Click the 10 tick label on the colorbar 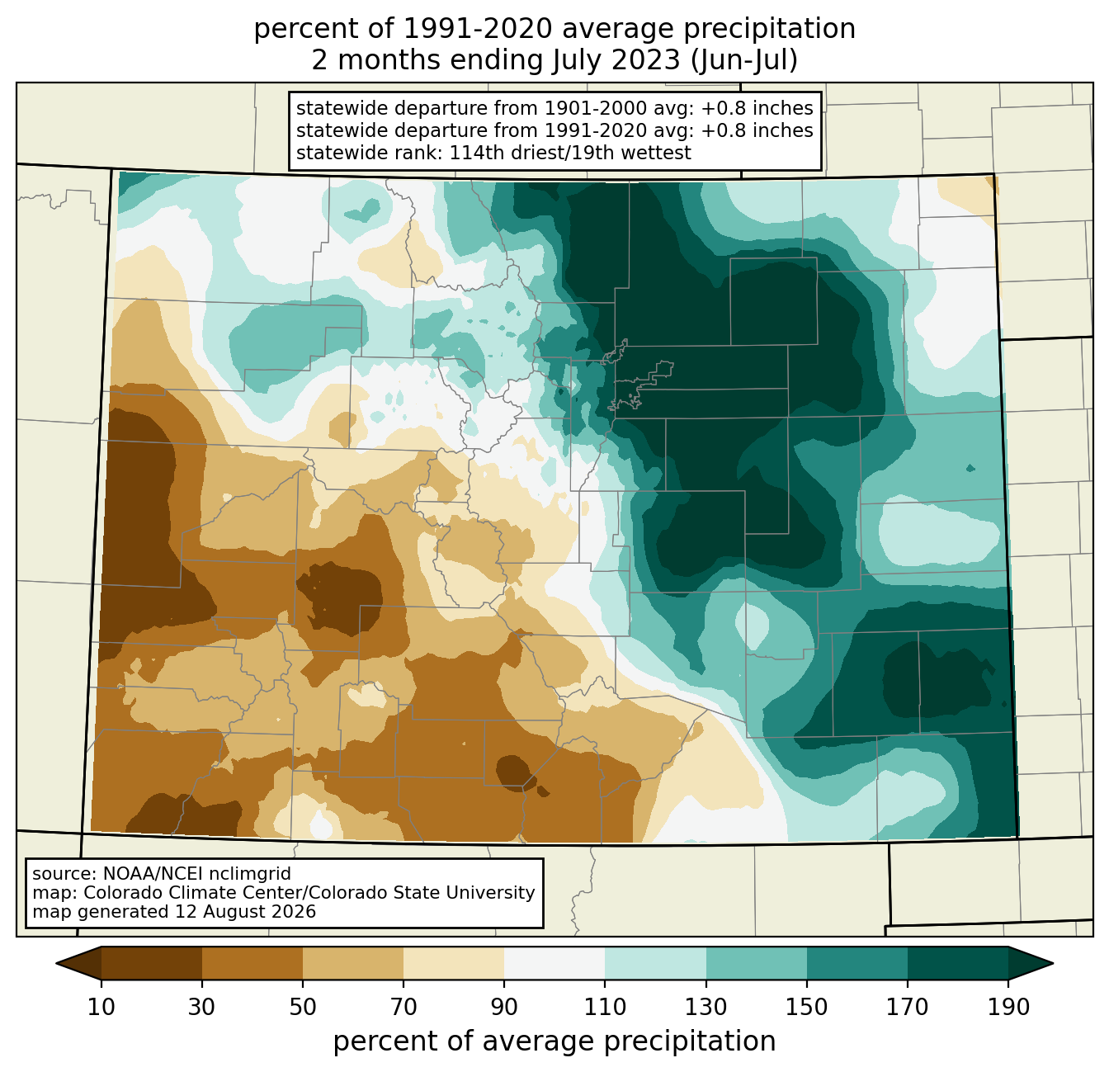[101, 1007]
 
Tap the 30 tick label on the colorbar [201, 1007]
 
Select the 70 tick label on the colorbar [403, 1007]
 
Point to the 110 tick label [605, 1007]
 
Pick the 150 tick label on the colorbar [806, 1007]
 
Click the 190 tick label [1008, 1007]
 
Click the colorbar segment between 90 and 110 [554, 963]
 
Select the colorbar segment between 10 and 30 [152, 963]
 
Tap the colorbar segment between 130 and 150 [756, 963]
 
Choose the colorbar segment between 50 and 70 [353, 963]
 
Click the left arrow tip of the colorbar [56, 963]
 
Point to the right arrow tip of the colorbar [1053, 963]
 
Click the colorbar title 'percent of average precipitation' [554, 1041]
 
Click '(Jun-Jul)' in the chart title [743, 60]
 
